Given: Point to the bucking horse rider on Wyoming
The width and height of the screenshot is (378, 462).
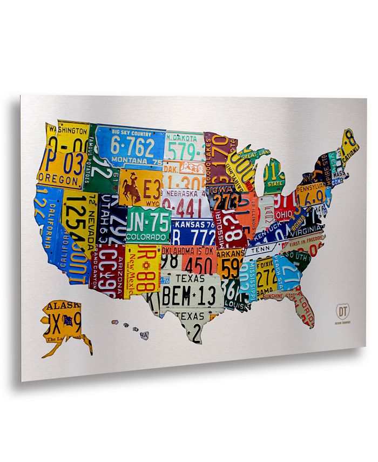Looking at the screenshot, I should pos(131,187).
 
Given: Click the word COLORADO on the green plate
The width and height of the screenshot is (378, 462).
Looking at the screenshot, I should pos(146,236).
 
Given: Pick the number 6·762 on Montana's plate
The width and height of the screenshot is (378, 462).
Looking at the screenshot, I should pos(133,146).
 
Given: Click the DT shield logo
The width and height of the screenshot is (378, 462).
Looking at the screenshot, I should pos(342,312).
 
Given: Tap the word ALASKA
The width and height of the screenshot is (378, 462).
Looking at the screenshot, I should pos(63,306).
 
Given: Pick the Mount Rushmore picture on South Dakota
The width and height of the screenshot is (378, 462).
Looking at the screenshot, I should pos(192,167).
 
